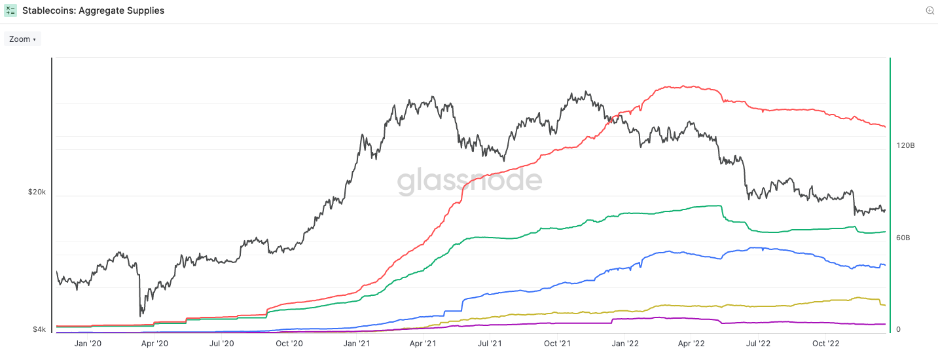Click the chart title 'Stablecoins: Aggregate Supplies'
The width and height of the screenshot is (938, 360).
click(x=94, y=10)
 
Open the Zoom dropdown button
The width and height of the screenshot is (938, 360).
click(x=22, y=39)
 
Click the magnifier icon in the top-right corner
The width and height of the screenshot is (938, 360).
click(x=929, y=10)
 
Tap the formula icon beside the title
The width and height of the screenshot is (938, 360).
click(x=10, y=10)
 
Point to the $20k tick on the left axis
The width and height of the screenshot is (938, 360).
click(x=37, y=192)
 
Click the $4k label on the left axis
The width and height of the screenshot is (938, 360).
click(x=39, y=330)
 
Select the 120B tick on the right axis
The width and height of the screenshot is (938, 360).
click(x=905, y=145)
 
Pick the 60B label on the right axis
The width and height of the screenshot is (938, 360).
click(x=903, y=238)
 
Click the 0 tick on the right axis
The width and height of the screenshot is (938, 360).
click(x=899, y=329)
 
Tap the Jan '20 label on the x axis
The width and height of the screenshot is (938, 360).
click(x=88, y=343)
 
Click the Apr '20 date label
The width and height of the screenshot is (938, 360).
click(x=154, y=343)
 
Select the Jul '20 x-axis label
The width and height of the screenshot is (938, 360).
click(x=222, y=343)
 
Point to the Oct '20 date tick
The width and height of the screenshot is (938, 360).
click(x=289, y=343)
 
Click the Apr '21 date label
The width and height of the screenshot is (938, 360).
click(x=423, y=343)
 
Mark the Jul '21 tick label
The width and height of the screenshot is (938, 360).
click(x=490, y=343)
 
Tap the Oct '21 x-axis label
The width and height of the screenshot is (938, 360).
click(x=558, y=343)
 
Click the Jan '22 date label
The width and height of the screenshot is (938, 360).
click(x=625, y=343)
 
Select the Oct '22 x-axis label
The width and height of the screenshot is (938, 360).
click(x=826, y=343)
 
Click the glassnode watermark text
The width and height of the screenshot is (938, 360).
click(x=469, y=180)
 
